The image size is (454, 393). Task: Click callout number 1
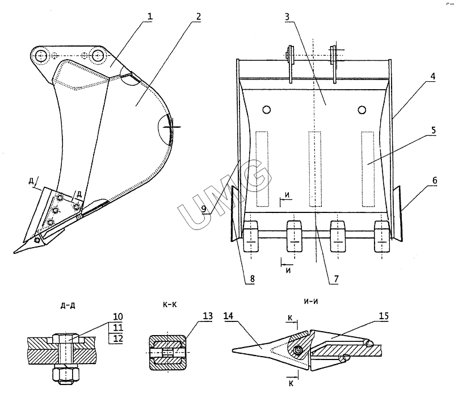coord(149,16)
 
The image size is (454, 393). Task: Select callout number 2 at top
coord(198,16)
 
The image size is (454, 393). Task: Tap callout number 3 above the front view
coord(287,16)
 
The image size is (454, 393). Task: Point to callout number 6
coord(435,181)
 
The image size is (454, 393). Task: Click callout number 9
coord(204,209)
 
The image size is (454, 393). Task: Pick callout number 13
coord(207,316)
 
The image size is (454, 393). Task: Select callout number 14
coord(229,316)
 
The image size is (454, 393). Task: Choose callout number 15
coord(384,316)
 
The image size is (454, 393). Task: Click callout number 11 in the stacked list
coord(117,328)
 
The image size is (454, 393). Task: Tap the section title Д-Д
coord(68,306)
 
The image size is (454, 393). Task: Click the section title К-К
coord(170,304)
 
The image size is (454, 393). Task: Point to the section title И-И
coord(311,302)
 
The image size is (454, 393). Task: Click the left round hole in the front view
coord(266,110)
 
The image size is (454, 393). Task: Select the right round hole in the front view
coord(361,110)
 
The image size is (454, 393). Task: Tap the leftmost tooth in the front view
coord(251,236)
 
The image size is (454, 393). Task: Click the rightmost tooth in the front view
coord(382,236)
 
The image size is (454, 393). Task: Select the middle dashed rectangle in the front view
coord(315,169)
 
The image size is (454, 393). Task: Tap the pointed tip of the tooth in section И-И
coord(233,350)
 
